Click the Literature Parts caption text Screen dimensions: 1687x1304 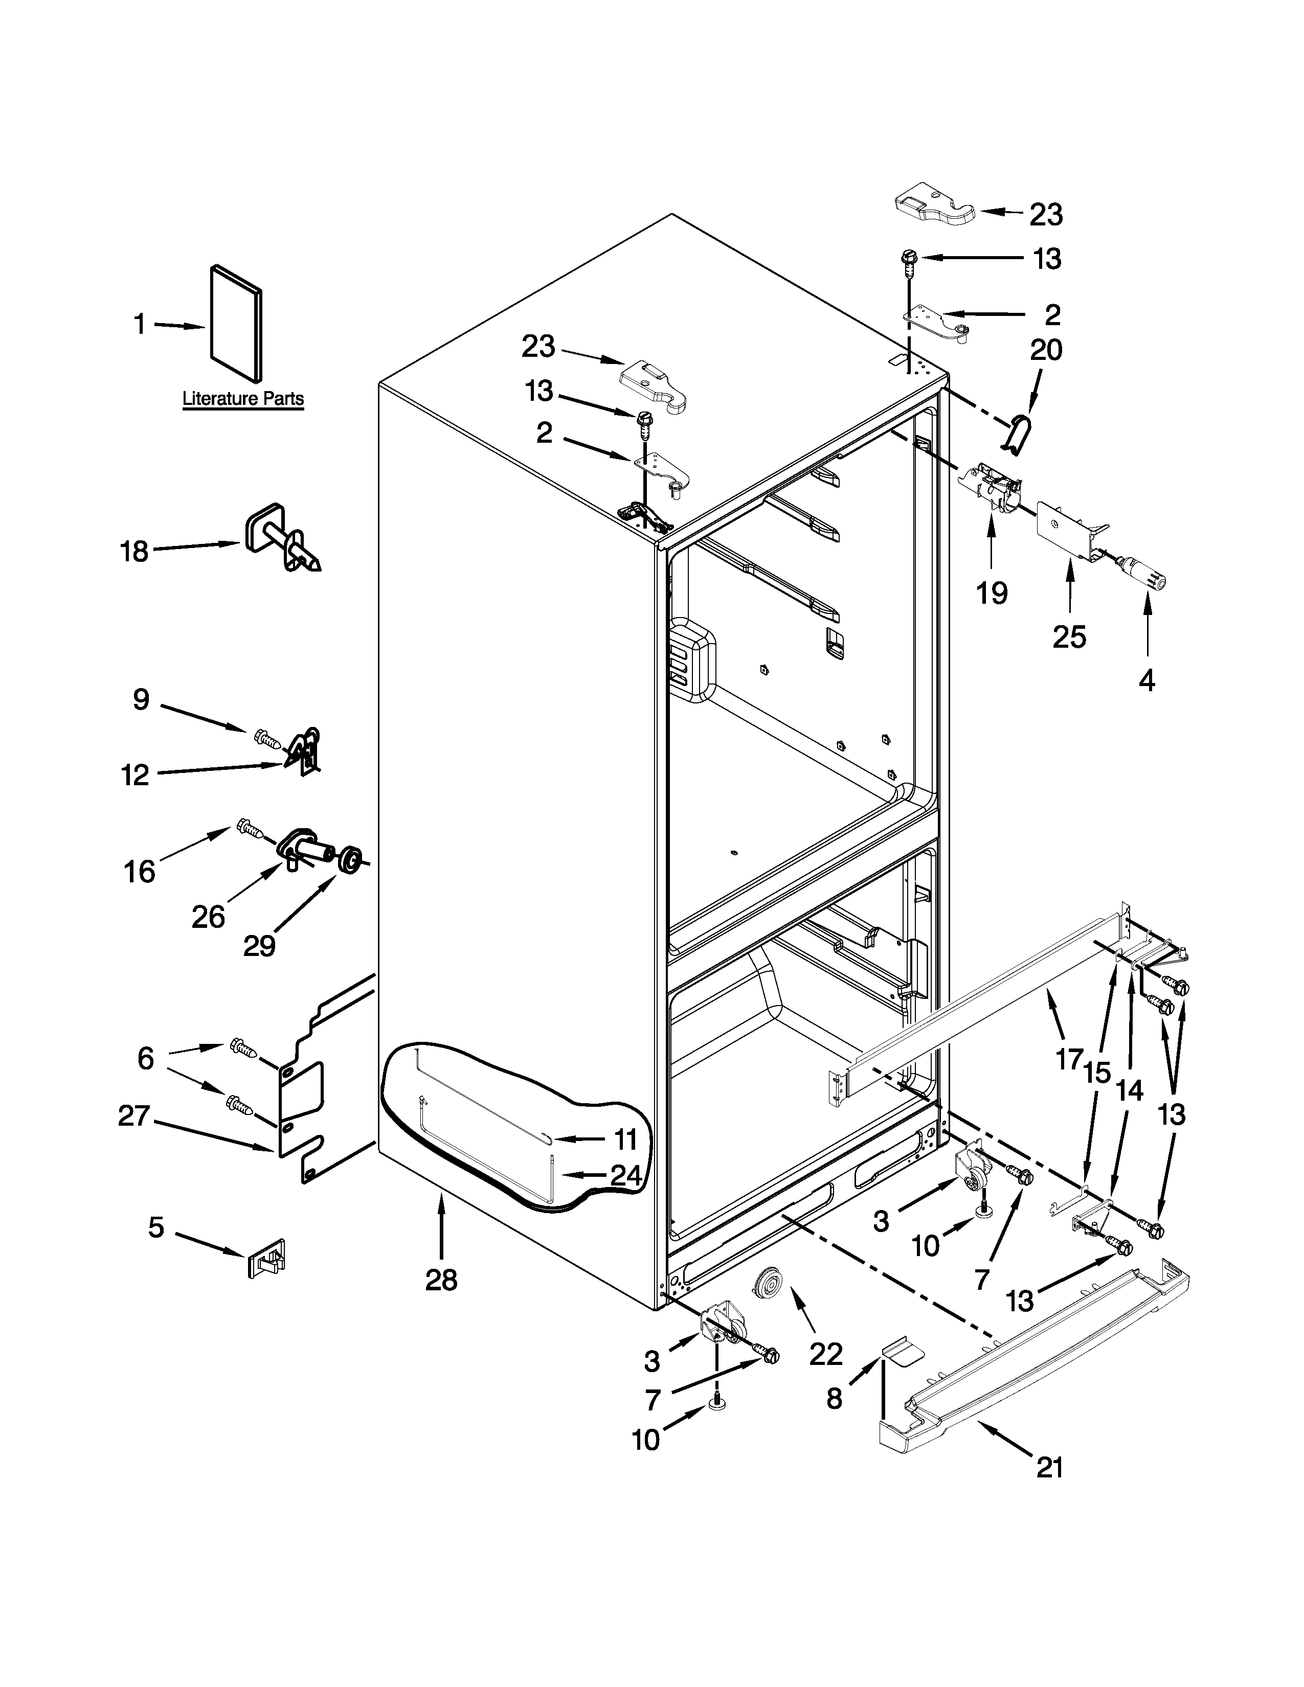[242, 399]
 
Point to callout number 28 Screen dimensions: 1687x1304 [441, 1280]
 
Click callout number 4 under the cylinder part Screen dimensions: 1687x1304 [1147, 680]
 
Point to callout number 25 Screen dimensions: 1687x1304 [1069, 636]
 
